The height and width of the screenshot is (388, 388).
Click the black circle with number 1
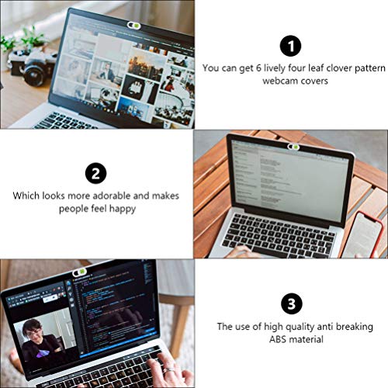click(x=291, y=45)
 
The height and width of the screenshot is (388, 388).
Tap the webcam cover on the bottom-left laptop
click(x=80, y=272)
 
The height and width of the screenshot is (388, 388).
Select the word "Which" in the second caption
click(x=26, y=196)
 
